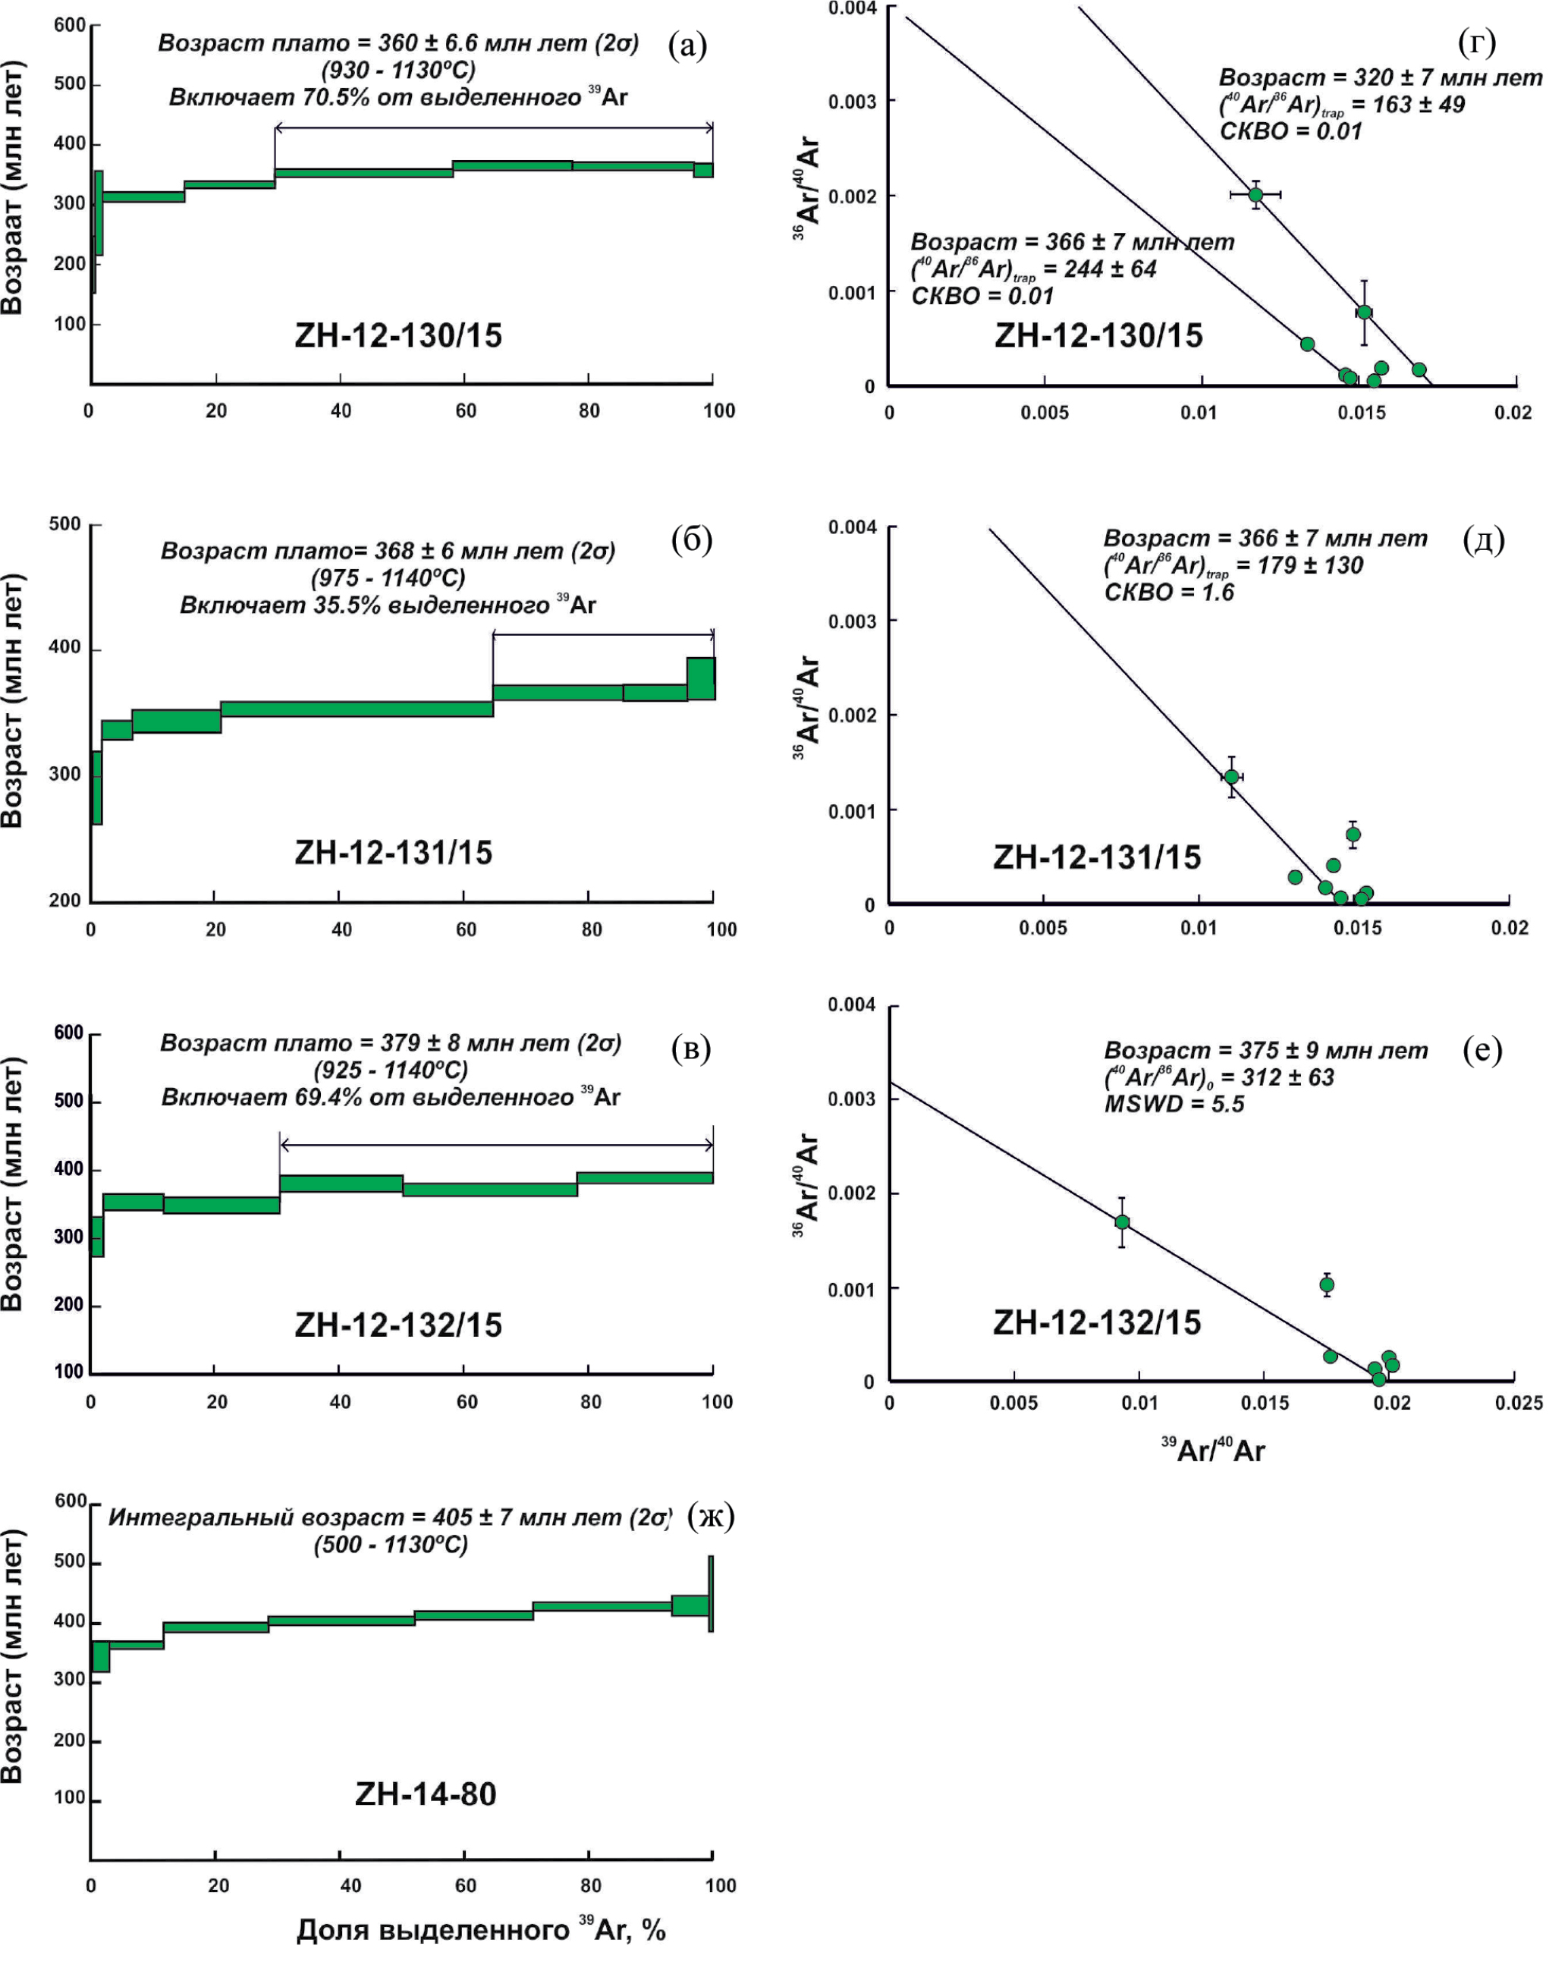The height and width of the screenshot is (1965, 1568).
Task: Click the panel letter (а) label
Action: pos(687,45)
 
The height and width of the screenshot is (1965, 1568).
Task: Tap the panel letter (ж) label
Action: pos(710,1515)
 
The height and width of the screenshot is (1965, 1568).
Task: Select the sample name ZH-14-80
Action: pos(426,1794)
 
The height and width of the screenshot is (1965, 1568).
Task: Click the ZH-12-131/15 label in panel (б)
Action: pos(394,852)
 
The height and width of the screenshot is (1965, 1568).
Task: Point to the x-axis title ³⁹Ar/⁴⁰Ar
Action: pos(1213,1449)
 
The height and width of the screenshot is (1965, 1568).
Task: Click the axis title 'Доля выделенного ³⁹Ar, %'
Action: pos(481,1929)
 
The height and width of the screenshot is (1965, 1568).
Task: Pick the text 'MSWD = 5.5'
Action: pos(1174,1104)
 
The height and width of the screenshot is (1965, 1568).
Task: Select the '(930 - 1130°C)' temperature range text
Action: pos(398,70)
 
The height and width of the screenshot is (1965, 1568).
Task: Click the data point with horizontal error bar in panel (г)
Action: pos(1255,194)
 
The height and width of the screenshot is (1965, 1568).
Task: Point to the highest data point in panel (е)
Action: pos(1123,1221)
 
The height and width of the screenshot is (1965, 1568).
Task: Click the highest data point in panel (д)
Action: pos(1232,777)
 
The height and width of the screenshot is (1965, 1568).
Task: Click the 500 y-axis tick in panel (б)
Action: pos(64,524)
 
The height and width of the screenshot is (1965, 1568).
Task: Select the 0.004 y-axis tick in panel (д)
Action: pos(853,527)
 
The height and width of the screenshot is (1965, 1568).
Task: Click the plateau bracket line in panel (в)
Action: pos(497,1145)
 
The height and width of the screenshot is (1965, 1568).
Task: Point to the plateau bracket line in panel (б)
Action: pos(603,634)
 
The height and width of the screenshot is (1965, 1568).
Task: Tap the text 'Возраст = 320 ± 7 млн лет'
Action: pos(1381,77)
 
